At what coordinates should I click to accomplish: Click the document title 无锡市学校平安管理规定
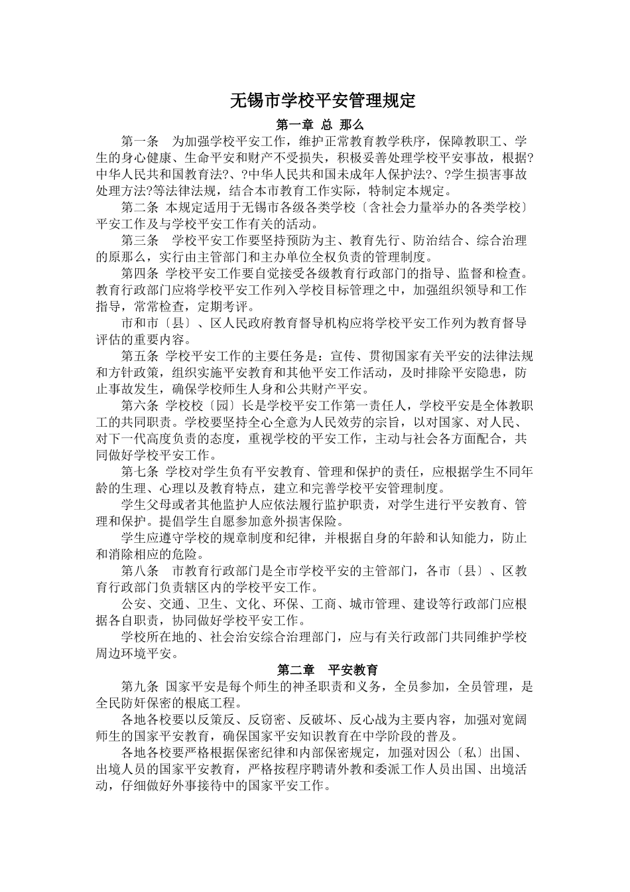click(x=322, y=101)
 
